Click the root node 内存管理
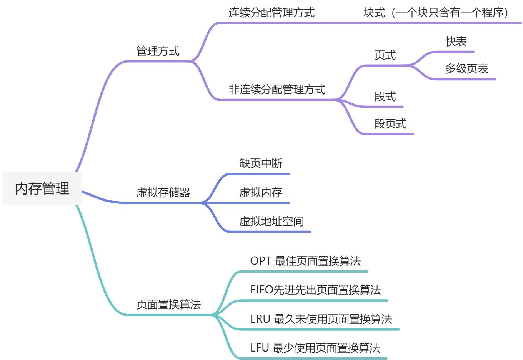click(42, 188)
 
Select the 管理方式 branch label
click(158, 51)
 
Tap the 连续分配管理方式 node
click(271, 13)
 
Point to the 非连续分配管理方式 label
click(277, 90)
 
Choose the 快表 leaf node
click(456, 42)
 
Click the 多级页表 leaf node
click(466, 69)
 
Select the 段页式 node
click(390, 124)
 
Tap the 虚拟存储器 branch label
click(163, 192)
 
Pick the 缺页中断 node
click(261, 163)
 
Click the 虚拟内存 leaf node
click(261, 192)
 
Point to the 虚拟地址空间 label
click(271, 222)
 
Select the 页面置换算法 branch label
click(168, 305)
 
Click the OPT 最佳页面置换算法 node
click(305, 261)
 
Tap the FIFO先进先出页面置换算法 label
click(315, 290)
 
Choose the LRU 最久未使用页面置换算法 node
click(321, 319)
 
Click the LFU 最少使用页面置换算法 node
click(315, 348)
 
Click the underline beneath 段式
click(383, 107)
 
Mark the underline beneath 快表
click(454, 52)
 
